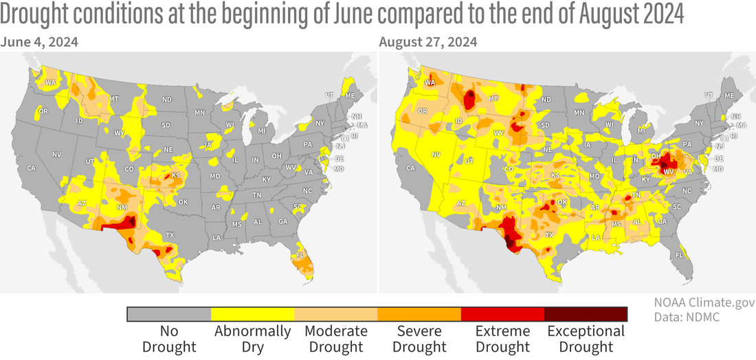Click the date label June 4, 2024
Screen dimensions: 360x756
tap(39, 42)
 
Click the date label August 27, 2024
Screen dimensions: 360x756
tap(428, 42)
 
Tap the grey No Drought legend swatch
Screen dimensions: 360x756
tap(169, 314)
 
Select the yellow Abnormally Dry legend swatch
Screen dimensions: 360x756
tap(252, 314)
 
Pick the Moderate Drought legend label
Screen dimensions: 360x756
tap(336, 338)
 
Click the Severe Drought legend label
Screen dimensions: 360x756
tap(419, 338)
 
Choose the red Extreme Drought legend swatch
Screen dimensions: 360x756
tap(502, 314)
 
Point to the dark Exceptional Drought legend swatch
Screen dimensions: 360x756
tap(586, 314)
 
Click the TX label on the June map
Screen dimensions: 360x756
tap(170, 235)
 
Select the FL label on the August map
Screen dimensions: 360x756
tap(679, 254)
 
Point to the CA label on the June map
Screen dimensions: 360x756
tap(31, 168)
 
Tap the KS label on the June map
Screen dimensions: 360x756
tap(175, 175)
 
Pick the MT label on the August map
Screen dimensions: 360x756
tap(492, 100)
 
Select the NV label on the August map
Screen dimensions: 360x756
tap(436, 155)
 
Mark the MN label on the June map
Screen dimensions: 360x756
tap(199, 112)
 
